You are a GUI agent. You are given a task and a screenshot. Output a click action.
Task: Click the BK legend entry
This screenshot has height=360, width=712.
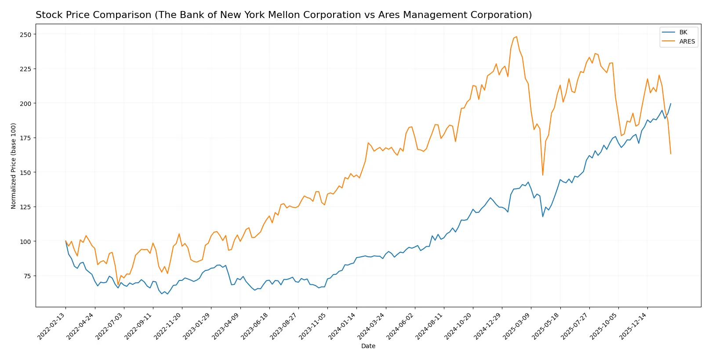coord(683,32)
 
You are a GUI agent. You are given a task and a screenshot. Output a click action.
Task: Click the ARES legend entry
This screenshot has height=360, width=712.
coord(687,41)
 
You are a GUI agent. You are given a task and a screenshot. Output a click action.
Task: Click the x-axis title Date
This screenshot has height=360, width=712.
coord(368,346)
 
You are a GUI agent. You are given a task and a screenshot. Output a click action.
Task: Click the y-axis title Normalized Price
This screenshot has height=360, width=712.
coord(14,166)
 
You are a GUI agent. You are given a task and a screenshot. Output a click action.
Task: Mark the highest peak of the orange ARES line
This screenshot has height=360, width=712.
coord(516,36)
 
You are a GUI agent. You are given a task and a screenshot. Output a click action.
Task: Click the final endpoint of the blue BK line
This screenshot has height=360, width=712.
coord(671,104)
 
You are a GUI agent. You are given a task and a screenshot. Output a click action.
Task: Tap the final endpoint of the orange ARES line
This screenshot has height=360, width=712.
coord(671,154)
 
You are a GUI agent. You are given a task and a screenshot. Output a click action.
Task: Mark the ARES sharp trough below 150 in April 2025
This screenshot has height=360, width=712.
coord(542,175)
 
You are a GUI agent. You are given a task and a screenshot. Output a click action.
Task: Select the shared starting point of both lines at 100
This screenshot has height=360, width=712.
coord(65,241)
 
